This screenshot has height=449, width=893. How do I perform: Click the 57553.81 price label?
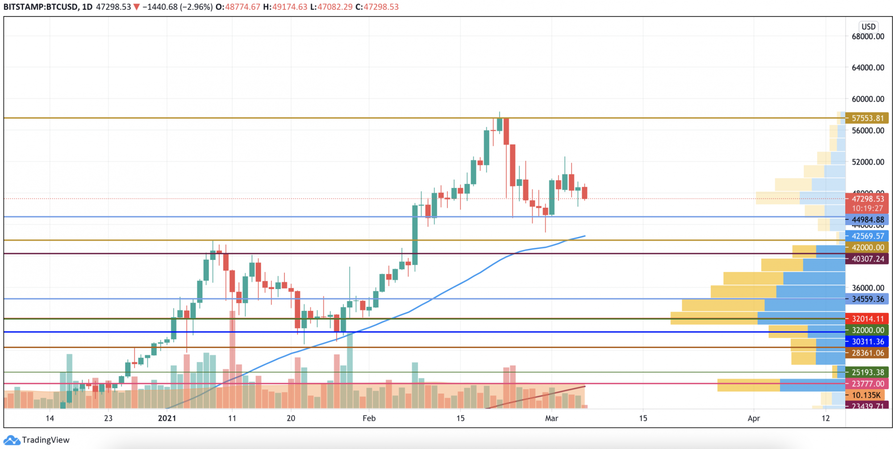pos(867,118)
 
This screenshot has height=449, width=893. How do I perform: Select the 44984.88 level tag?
pos(867,220)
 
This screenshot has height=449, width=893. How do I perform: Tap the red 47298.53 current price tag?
pos(867,199)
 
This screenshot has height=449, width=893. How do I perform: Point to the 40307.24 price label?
pos(867,259)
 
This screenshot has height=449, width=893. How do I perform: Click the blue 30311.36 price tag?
pos(867,341)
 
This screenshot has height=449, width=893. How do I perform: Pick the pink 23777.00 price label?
pos(867,384)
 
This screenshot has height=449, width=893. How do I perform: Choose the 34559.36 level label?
pos(867,299)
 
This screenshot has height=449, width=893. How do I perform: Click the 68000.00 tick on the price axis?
pos(868,37)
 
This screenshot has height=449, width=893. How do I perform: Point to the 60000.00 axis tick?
pos(868,99)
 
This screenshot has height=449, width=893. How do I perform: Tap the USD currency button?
pos(868,26)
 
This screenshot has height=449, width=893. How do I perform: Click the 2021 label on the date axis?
pos(167,418)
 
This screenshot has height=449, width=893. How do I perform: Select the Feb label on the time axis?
pos(369,418)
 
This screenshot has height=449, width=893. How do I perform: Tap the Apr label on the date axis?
pos(754,418)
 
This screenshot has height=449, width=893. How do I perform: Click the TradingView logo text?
pos(46,440)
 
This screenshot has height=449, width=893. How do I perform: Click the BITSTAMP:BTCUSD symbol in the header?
pos(40,7)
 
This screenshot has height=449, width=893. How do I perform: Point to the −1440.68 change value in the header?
pos(160,7)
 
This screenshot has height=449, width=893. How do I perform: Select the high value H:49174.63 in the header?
pos(285,7)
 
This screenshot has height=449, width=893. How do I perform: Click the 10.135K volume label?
pos(866,395)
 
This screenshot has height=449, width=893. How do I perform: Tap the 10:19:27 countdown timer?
pos(867,209)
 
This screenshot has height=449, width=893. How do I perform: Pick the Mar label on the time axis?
pos(551,418)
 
